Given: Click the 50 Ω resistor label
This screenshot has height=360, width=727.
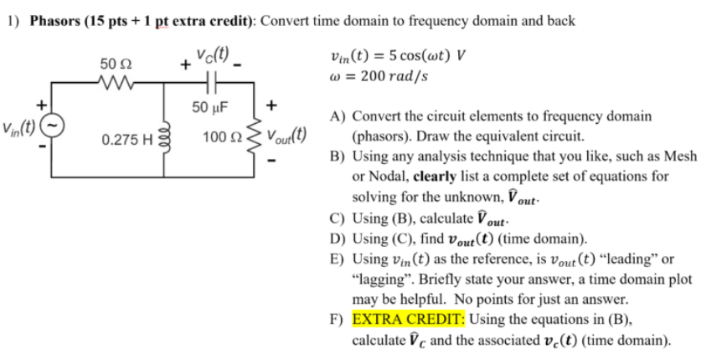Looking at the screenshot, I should pyautogui.click(x=111, y=64).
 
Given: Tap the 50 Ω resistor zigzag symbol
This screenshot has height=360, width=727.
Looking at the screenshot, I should pyautogui.click(x=111, y=83).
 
